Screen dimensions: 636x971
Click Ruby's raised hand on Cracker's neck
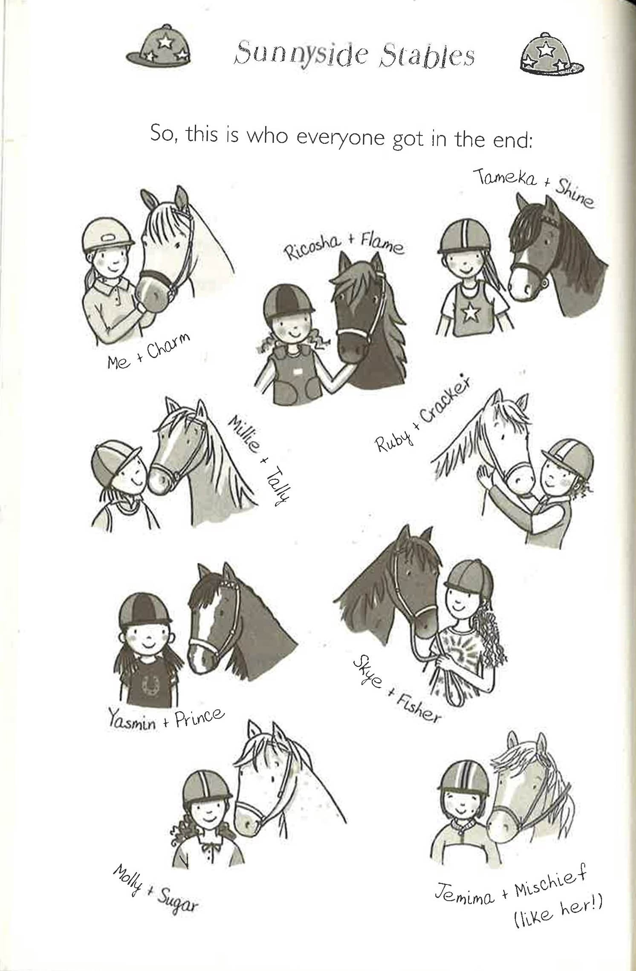[x=484, y=476]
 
